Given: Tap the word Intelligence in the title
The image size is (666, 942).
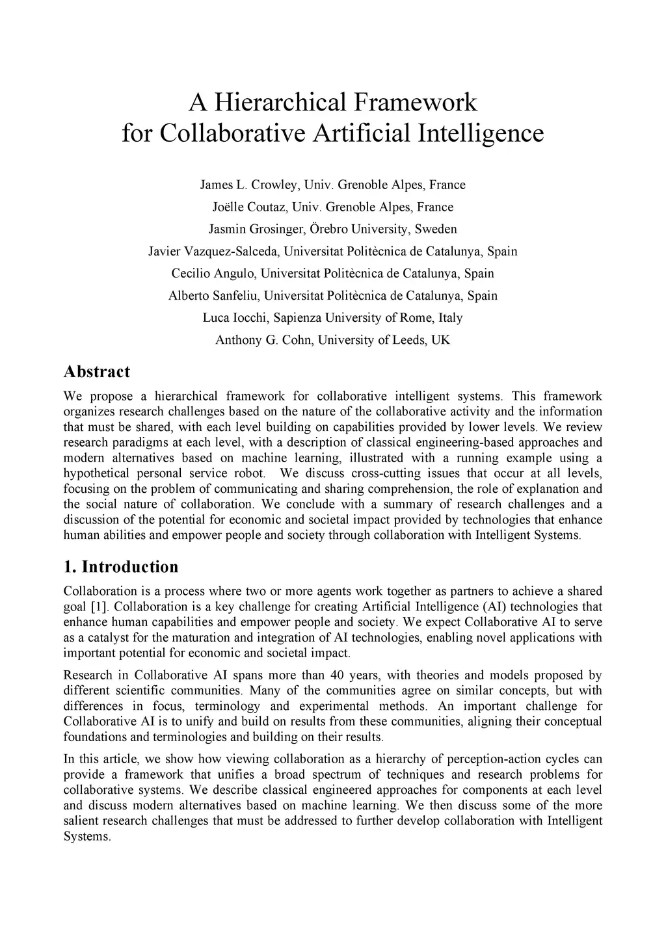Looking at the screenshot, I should point(480,133).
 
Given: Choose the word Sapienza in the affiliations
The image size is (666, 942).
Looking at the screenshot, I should point(297,318).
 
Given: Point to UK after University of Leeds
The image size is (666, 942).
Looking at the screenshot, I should point(440,340).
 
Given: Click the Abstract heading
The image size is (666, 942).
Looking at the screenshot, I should point(97,372).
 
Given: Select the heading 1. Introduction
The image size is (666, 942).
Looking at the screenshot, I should point(121,567).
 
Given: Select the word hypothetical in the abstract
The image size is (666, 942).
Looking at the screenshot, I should point(96,473).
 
